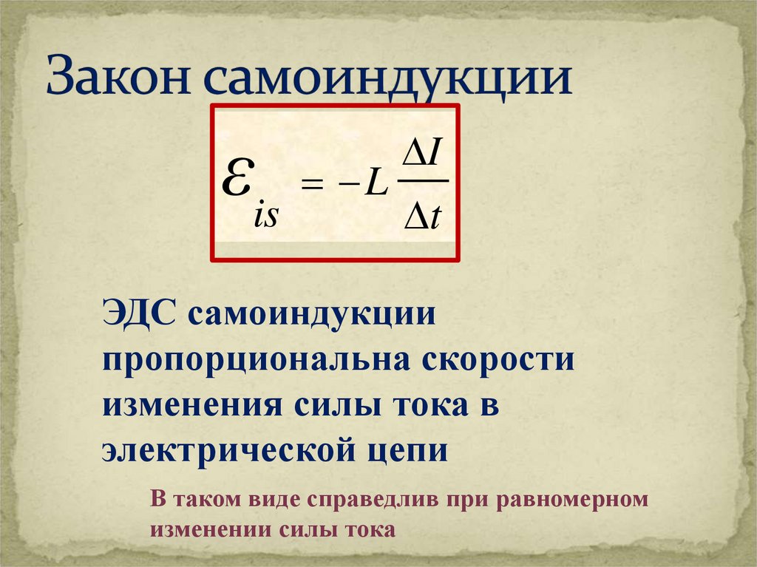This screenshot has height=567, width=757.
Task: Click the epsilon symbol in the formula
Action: tap(236, 177)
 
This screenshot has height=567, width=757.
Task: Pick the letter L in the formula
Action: tap(376, 183)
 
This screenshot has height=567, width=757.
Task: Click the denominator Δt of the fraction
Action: tap(423, 217)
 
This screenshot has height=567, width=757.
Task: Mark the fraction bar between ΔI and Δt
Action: tap(423, 181)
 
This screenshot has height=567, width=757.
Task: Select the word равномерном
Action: tap(572, 500)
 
